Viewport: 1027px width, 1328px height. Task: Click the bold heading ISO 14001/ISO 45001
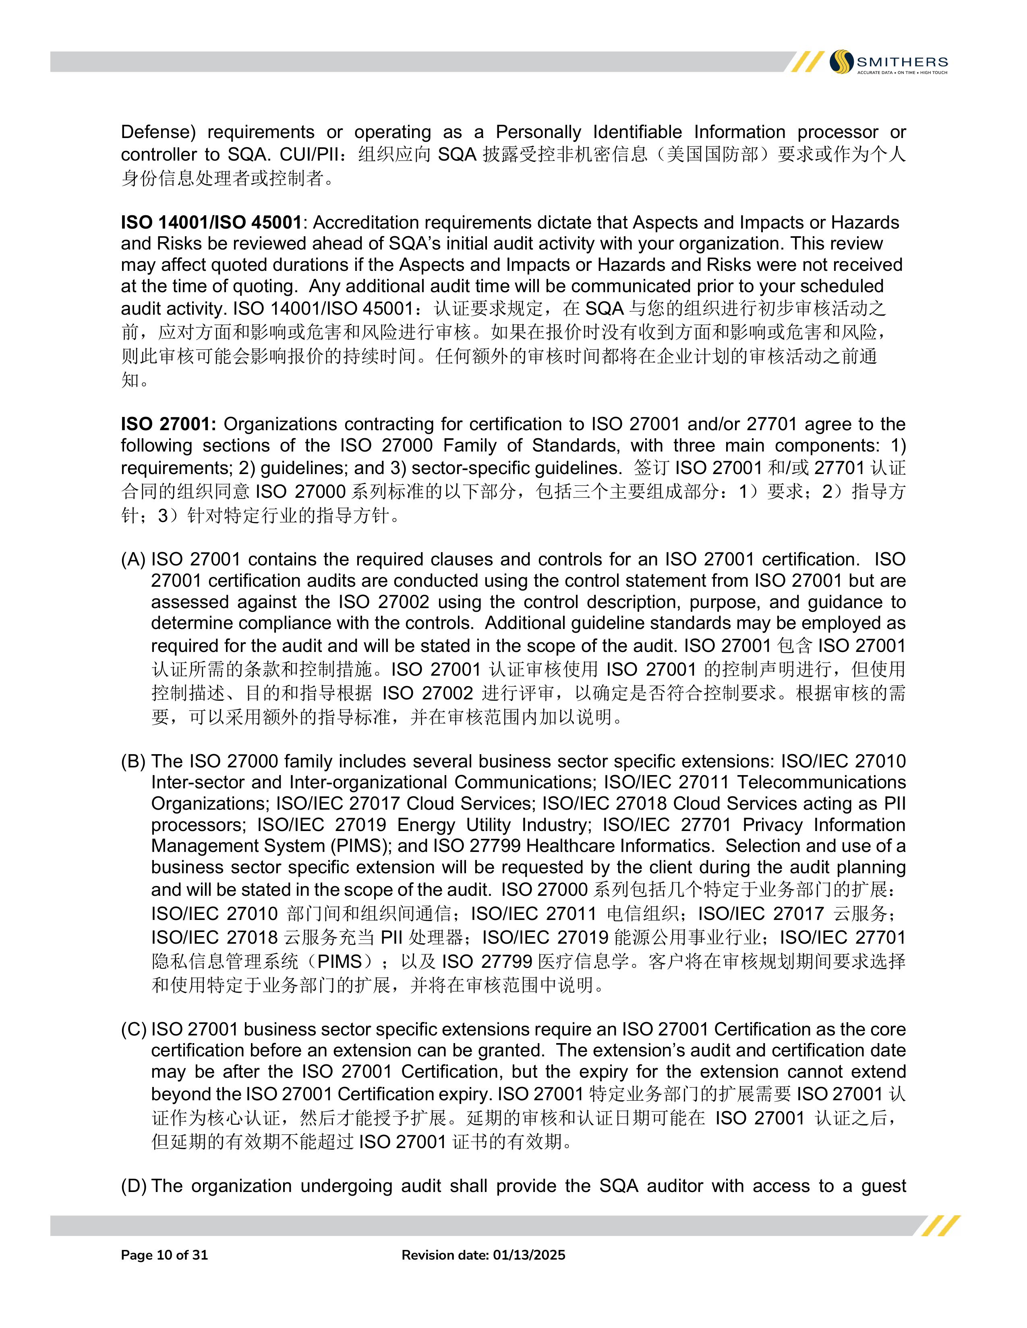pos(211,223)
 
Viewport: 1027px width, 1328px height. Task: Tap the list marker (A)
pos(133,559)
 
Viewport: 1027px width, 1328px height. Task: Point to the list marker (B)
pos(133,761)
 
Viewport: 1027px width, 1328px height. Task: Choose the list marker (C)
pos(133,1029)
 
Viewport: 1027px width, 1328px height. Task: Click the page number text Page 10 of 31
pos(164,1255)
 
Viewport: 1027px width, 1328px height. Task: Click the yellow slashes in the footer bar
pos(940,1226)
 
